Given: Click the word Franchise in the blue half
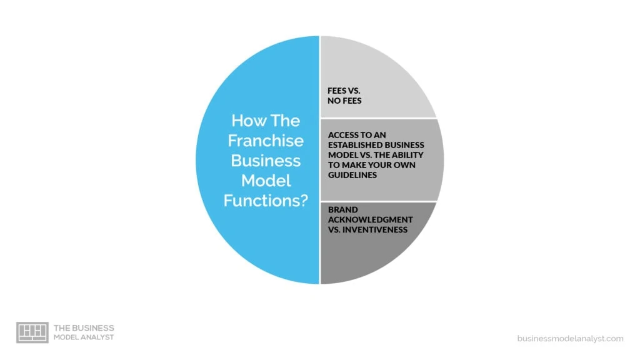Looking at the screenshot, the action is coord(266,141).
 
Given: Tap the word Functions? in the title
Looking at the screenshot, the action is coord(266,201).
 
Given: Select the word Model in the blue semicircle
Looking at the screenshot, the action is coord(266,181).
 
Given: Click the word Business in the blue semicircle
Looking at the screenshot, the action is coord(266,161).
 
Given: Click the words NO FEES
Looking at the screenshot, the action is coord(344,101).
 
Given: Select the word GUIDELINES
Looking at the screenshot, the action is coord(352,175).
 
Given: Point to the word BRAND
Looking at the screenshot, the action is coord(343,210).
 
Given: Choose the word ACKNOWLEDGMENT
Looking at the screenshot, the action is coord(370,219).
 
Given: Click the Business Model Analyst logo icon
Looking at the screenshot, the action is coord(32,332).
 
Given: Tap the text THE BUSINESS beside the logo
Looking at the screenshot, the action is coord(84,328).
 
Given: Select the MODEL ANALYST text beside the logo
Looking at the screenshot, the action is coord(84,337).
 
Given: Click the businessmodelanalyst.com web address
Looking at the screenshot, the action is coord(570,338).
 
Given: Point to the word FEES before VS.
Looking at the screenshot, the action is coord(337,91).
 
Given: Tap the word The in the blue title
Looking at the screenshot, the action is coord(285,121).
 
